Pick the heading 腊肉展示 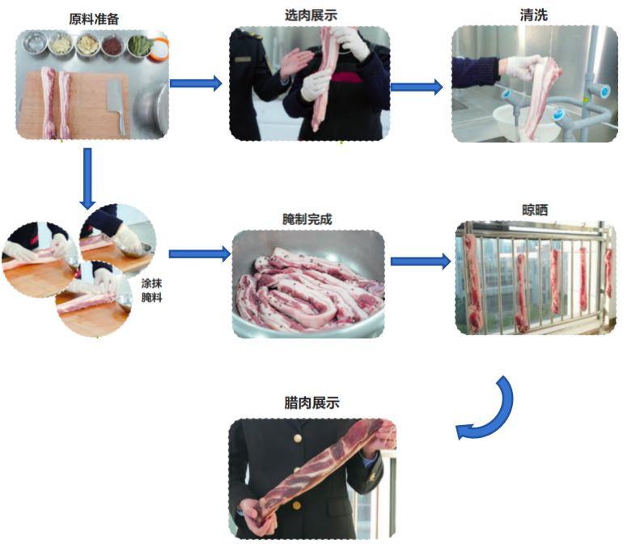pyautogui.click(x=312, y=402)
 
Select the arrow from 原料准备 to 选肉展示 pyautogui.click(x=196, y=83)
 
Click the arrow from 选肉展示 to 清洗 pyautogui.click(x=416, y=87)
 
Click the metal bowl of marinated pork pyautogui.click(x=308, y=287)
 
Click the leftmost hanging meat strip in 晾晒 pyautogui.click(x=473, y=279)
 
